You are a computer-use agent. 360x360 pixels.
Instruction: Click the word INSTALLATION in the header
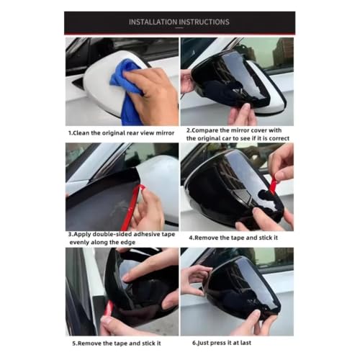[x=153, y=22]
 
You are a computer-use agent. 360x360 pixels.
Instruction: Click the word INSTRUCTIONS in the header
[x=204, y=22]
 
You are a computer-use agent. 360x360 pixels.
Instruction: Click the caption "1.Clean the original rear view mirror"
[x=122, y=133]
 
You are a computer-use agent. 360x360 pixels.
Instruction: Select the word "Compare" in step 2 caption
[x=205, y=130]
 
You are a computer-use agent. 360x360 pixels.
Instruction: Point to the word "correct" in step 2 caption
[x=279, y=138]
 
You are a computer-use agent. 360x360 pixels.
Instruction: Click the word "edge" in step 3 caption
[x=129, y=243]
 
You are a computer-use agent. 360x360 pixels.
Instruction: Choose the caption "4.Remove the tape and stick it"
[x=233, y=238]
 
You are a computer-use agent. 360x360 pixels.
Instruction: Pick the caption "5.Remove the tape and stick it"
[x=117, y=343]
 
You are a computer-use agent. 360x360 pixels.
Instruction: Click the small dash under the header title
[x=179, y=28]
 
